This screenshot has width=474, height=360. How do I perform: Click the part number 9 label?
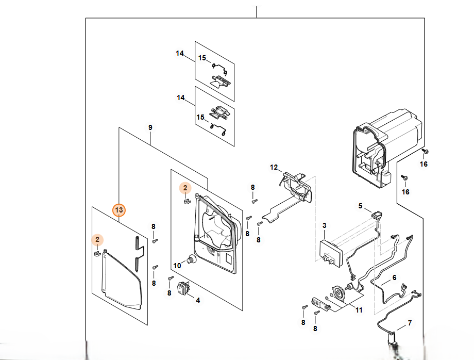pyautogui.click(x=150, y=127)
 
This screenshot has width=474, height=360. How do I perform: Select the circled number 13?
pyautogui.click(x=119, y=210)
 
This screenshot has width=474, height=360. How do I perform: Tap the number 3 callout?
pyautogui.click(x=324, y=225)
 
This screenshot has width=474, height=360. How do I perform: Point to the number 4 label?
pyautogui.click(x=198, y=300)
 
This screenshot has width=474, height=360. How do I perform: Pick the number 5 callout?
pyautogui.click(x=361, y=206)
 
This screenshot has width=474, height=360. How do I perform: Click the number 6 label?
pyautogui.click(x=395, y=277)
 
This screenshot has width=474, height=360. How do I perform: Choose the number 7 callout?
pyautogui.click(x=410, y=323)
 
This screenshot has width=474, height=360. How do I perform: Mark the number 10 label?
pyautogui.click(x=177, y=266)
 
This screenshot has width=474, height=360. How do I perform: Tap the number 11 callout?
pyautogui.click(x=359, y=309)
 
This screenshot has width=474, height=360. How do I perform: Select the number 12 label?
pyautogui.click(x=274, y=167)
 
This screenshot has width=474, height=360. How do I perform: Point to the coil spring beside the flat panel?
pyautogui.click(x=136, y=254)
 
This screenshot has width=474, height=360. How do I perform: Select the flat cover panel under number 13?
pyautogui.click(x=118, y=279)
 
